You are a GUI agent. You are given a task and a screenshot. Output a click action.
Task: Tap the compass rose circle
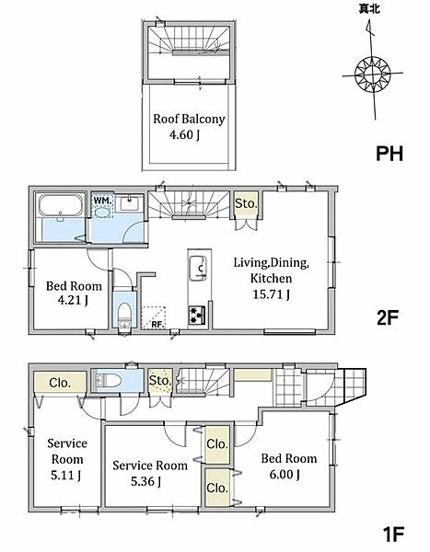373,75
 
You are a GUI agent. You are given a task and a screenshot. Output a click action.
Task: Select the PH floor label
389,154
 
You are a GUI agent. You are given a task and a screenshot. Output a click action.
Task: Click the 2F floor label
388,318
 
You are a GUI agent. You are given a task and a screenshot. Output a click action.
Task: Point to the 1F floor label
393,534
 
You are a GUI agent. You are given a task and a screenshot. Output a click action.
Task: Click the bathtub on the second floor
60,205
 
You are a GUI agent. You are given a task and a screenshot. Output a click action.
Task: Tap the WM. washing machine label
102,201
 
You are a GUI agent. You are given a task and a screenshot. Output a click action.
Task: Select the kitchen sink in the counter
198,268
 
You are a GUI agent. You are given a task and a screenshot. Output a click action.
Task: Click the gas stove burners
197,315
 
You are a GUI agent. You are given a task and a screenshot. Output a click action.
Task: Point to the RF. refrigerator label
158,325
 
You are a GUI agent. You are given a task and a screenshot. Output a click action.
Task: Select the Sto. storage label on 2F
246,203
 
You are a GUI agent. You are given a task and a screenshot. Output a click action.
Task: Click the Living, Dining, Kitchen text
271,270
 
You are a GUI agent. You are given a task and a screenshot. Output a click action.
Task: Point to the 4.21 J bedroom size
73,300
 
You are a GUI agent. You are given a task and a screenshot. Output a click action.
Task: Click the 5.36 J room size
145,481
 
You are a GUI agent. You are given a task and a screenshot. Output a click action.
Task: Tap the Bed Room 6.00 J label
289,466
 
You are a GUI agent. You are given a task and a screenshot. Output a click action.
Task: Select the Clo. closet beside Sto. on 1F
60,383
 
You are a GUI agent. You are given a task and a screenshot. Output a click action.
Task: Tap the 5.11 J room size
66,476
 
